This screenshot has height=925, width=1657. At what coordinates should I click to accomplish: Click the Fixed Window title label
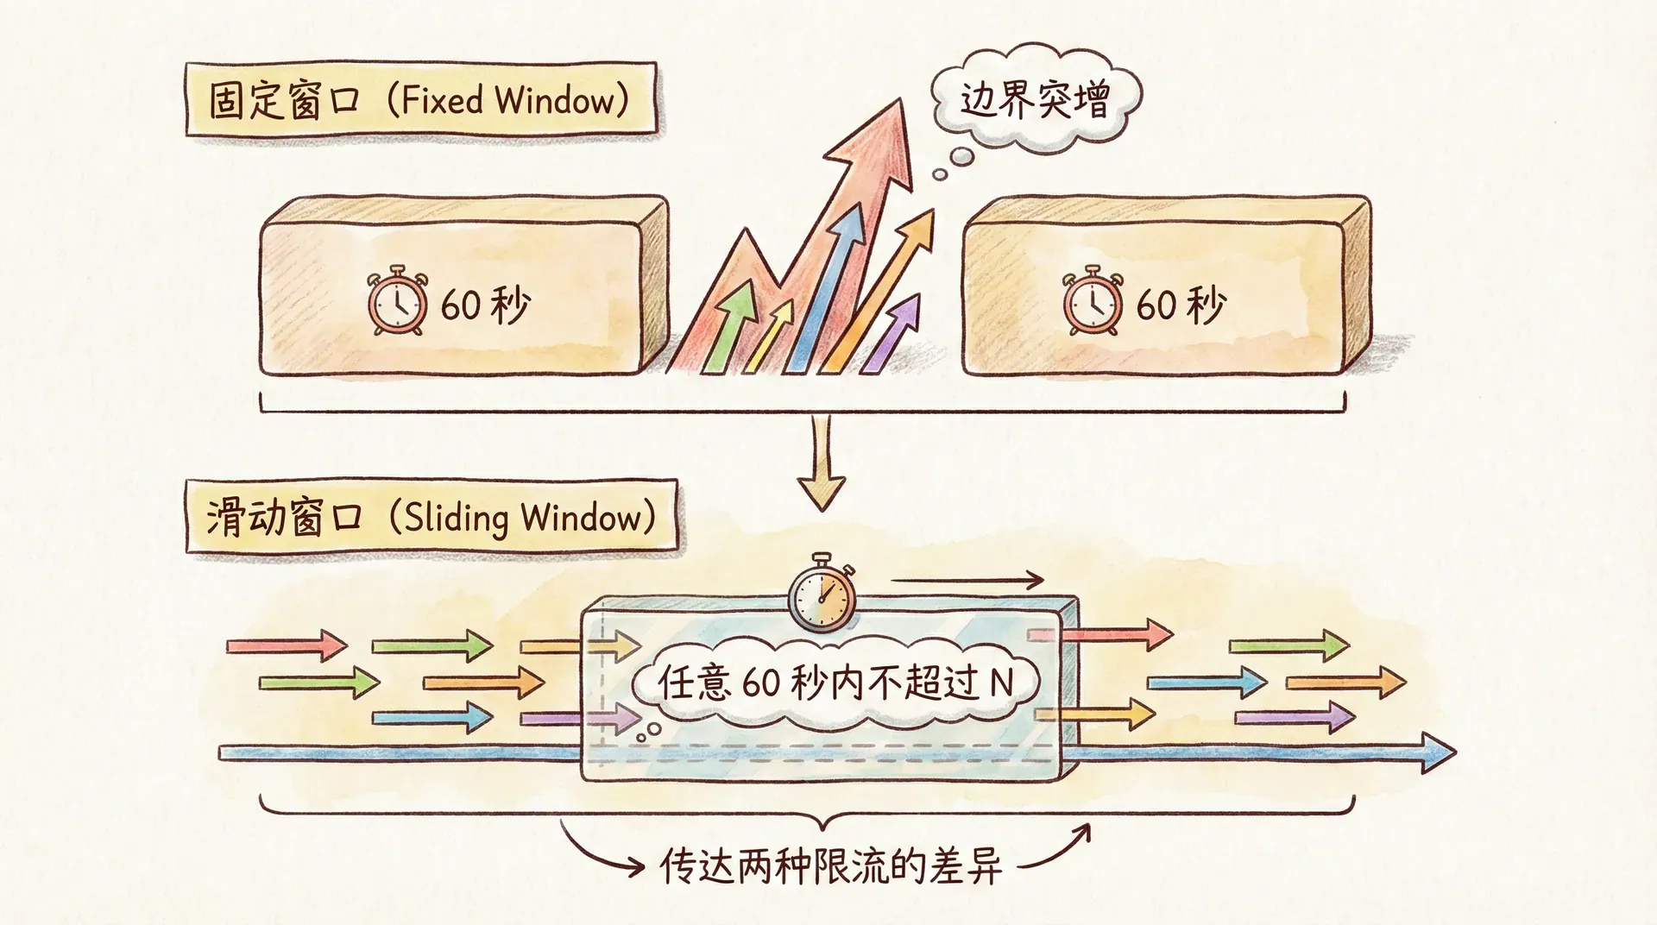pos(420,101)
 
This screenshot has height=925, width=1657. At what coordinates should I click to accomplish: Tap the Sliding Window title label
pos(430,518)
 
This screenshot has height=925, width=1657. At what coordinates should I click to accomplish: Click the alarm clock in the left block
pos(397,303)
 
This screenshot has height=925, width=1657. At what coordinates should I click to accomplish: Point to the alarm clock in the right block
pos(1092,303)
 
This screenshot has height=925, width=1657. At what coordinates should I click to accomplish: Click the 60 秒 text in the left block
pos(485,305)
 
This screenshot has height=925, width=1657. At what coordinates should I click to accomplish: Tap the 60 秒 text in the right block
pos(1181,305)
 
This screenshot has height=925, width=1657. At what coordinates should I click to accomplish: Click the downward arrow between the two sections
pos(821,466)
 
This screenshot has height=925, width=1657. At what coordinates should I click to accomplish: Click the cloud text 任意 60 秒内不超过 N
pos(835,683)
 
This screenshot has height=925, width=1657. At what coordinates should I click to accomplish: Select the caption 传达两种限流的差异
pos(830,865)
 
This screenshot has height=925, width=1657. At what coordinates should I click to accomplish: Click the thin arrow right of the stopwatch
pos(967,580)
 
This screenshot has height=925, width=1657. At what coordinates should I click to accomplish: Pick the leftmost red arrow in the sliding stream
pos(286,645)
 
